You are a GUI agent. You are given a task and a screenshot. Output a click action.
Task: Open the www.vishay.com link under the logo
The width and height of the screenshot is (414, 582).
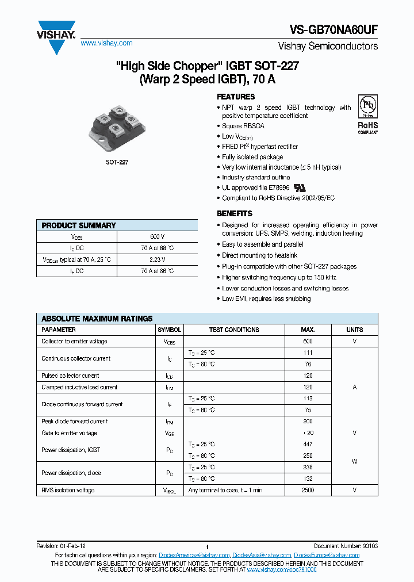click(106, 43)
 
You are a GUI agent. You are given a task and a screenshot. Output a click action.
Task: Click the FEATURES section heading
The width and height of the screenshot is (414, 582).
click(236, 97)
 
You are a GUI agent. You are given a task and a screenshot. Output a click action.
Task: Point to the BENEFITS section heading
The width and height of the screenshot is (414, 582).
click(234, 213)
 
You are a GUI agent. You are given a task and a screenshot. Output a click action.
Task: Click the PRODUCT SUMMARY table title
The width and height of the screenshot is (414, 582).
click(79, 225)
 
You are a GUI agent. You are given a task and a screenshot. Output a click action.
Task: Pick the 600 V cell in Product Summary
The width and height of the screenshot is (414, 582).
click(157, 236)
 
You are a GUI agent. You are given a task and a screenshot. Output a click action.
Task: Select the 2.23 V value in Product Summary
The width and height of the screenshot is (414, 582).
click(157, 259)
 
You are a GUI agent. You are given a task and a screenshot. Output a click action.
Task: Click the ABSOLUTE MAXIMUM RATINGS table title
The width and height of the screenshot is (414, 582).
click(97, 319)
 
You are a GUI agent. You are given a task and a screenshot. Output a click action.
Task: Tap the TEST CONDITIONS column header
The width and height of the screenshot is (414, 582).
click(234, 330)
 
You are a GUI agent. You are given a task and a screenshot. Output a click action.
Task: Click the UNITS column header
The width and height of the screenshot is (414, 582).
click(354, 330)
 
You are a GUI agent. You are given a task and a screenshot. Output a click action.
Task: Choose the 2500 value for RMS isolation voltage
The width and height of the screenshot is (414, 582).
click(308, 490)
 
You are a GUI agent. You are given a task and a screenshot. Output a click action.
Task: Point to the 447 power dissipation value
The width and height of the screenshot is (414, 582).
click(308, 444)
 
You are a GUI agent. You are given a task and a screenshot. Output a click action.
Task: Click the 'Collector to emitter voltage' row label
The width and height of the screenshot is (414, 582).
click(74, 341)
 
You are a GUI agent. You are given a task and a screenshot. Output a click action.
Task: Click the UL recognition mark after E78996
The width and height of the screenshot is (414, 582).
click(283, 188)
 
